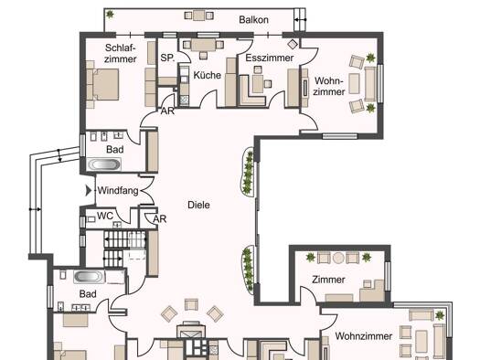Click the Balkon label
pos(253,20)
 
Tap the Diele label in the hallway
pos(198,205)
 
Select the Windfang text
pos(118,191)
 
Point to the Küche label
pos(207,75)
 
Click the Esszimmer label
pos(270,58)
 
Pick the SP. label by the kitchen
pos(167,58)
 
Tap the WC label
pos(105,216)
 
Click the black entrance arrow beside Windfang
pos(89,191)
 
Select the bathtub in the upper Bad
pos(103,164)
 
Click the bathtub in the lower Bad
pos(90,277)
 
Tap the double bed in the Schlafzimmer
pos(102,84)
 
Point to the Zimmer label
pos(328,280)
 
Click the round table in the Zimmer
pos(338,258)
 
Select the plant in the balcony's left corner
pos(110,14)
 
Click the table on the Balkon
pos(199,16)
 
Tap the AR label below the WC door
pos(159,219)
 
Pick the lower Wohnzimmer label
pos(363,336)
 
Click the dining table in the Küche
pos(203,45)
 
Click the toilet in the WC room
pos(91,219)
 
